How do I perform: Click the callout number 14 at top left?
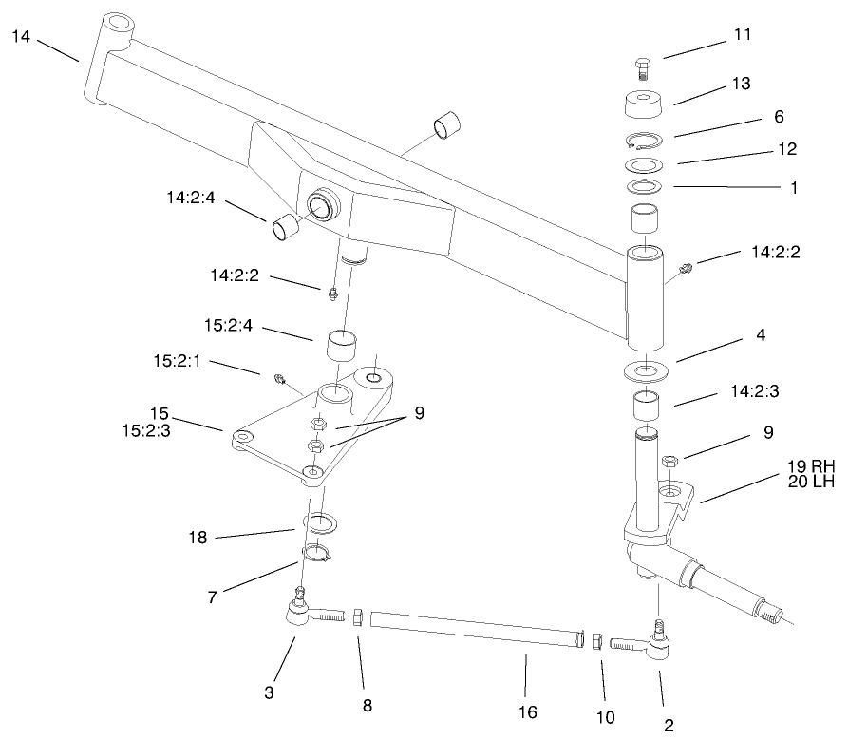click(x=22, y=37)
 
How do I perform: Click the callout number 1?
click(x=793, y=188)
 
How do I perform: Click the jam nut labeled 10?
click(x=595, y=641)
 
